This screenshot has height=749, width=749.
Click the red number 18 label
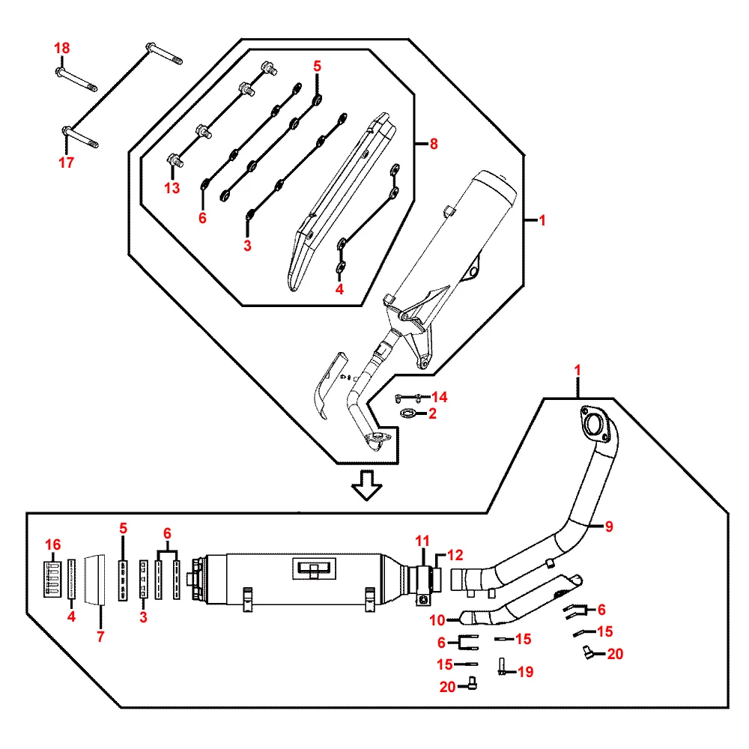[61, 49]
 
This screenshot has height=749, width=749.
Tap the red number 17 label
[66, 162]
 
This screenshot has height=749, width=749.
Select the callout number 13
[172, 188]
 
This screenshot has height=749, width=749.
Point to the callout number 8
[434, 145]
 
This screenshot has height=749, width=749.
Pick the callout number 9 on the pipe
[609, 527]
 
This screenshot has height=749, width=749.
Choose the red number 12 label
[456, 555]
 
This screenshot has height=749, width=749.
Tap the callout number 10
[437, 619]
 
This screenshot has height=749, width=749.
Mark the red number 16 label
[52, 545]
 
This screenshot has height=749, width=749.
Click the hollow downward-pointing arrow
[367, 485]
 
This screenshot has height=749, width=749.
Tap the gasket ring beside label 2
[409, 413]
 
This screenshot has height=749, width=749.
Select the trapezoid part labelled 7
[97, 579]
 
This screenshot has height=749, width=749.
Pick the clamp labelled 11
[425, 581]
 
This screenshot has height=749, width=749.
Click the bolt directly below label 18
[76, 79]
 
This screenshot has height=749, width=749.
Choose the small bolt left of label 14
[404, 397]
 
